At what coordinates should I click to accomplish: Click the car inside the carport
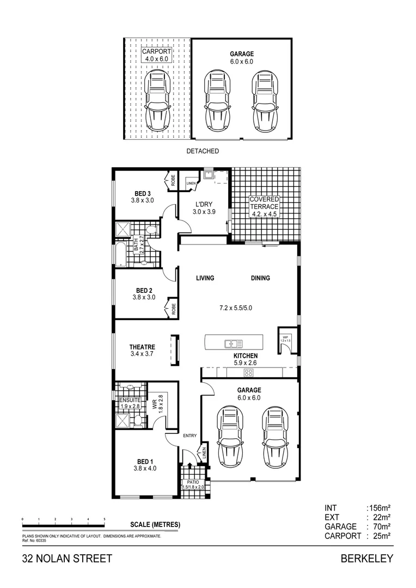point(157,101)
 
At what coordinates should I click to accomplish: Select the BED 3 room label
point(143,193)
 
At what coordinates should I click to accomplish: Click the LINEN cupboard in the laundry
point(190,184)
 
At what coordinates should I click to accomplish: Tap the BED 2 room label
point(143,290)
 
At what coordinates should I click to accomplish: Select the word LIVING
point(205,278)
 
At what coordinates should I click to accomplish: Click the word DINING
point(260,278)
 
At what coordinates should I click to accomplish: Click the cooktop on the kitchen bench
point(248,373)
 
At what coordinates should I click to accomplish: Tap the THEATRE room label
point(142,347)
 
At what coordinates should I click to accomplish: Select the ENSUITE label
point(130,400)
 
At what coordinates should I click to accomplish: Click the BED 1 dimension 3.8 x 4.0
point(144,468)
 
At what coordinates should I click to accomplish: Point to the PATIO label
point(193,482)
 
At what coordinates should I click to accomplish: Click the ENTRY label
point(190,436)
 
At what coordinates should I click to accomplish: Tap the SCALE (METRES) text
point(155,525)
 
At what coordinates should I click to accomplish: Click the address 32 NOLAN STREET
point(67,559)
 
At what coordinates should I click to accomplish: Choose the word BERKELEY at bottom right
point(366,559)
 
